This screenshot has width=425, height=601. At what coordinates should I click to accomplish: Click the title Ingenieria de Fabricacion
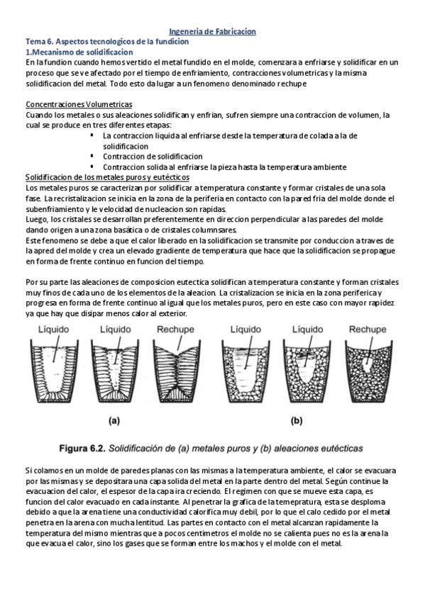pyautogui.click(x=211, y=32)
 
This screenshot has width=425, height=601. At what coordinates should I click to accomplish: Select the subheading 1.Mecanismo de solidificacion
pyautogui.click(x=79, y=52)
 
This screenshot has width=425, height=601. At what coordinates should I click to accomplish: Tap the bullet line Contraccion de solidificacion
pyautogui.click(x=153, y=156)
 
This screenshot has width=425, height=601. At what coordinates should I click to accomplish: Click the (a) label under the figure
pyautogui.click(x=114, y=420)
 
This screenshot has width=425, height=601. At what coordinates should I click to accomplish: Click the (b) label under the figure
pyautogui.click(x=297, y=420)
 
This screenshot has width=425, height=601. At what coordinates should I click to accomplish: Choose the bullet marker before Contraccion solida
pyautogui.click(x=94, y=166)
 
